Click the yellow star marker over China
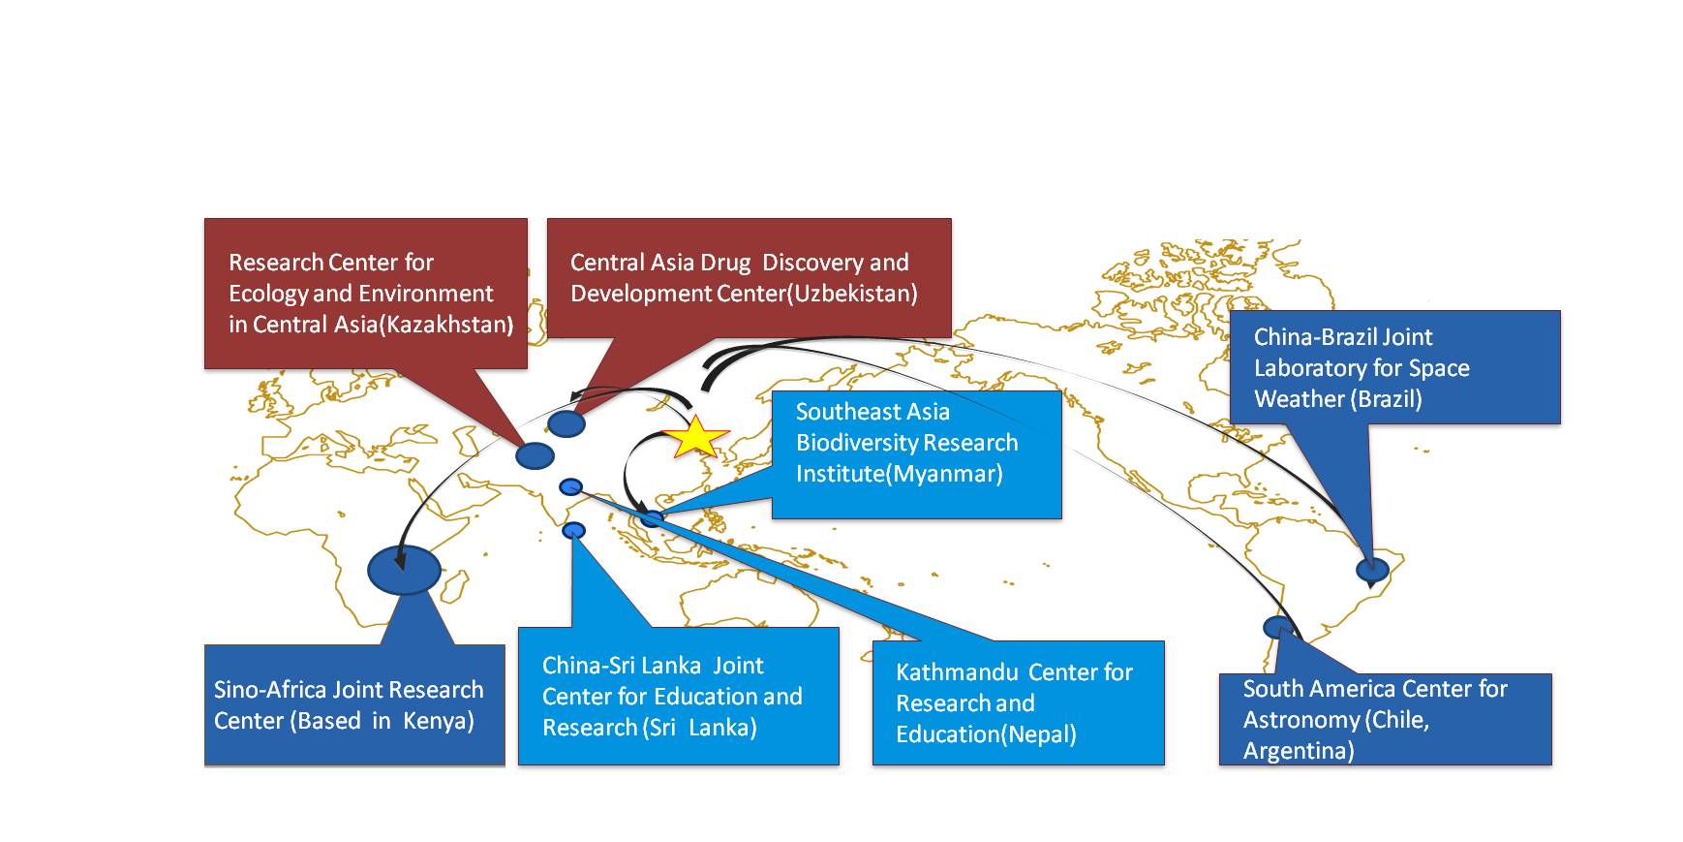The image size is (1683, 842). [x=695, y=437]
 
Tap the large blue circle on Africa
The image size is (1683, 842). [x=404, y=570]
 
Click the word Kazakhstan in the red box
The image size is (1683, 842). [x=446, y=325]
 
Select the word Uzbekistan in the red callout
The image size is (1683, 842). [x=852, y=294]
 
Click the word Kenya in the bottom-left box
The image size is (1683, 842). [x=437, y=721]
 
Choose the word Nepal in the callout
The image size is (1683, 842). [x=1041, y=734]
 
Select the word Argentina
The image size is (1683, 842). [x=1299, y=751]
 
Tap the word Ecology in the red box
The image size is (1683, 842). [x=268, y=294]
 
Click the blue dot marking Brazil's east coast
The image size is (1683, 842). [x=1372, y=570]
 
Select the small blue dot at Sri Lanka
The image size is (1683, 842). [x=573, y=530]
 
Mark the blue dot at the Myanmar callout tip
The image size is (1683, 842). [x=654, y=517]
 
